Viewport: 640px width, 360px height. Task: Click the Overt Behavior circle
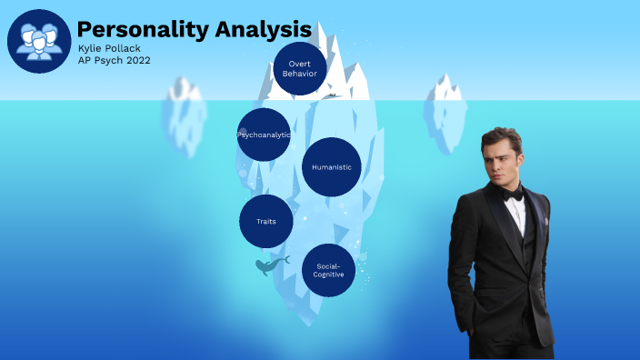tap(300, 69)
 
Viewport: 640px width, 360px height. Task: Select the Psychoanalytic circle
tap(264, 135)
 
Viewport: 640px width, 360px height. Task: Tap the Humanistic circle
tap(332, 167)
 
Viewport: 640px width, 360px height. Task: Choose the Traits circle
tap(266, 221)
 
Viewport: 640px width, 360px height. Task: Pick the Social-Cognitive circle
tap(328, 270)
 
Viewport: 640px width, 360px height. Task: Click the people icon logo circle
tap(40, 41)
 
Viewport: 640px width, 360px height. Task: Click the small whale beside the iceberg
tap(269, 265)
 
